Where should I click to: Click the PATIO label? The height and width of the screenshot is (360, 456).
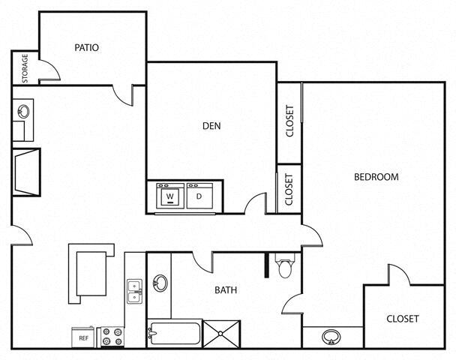[87, 47]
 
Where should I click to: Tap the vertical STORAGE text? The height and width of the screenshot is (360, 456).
[25, 67]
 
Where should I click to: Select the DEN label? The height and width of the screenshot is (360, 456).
[211, 125]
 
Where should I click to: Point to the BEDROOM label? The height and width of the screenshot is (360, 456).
[376, 177]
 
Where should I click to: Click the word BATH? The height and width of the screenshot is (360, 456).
[226, 289]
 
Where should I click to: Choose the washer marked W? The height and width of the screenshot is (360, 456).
[169, 197]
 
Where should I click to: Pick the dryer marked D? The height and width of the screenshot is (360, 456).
[199, 197]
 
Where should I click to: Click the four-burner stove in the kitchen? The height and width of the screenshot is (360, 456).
[112, 337]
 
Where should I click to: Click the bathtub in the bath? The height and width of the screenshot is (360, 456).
[174, 332]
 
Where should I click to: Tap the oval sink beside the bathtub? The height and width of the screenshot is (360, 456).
[160, 284]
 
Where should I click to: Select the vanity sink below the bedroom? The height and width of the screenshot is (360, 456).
[331, 337]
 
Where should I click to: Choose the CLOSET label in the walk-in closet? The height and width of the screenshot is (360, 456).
[403, 318]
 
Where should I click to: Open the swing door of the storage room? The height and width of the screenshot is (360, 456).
[49, 73]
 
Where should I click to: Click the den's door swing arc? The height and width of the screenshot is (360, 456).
[256, 202]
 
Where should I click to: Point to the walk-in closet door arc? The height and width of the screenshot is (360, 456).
[399, 274]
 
